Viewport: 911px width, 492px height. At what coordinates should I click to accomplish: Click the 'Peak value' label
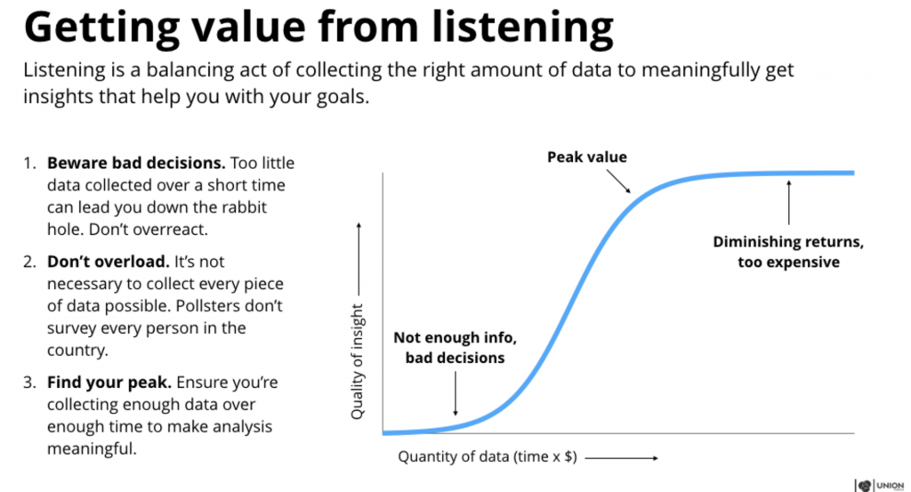point(586,157)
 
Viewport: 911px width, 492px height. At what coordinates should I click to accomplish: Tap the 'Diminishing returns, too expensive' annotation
point(788,251)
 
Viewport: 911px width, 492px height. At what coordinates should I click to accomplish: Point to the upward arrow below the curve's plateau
point(788,201)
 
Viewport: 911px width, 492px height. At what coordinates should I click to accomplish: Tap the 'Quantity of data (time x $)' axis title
point(488,457)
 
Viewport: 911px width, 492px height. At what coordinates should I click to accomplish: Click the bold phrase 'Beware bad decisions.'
point(136,164)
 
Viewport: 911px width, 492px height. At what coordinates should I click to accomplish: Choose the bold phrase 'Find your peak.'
point(101,383)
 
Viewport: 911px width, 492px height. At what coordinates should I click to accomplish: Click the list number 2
point(28,263)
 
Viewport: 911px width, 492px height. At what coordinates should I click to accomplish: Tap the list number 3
point(28,383)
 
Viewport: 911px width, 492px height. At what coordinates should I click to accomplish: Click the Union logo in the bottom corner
point(881,485)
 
